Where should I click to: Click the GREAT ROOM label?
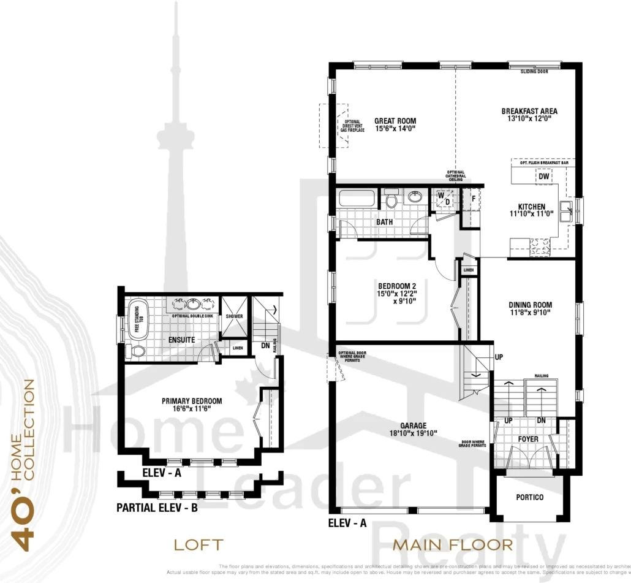395,121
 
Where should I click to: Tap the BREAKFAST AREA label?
529,112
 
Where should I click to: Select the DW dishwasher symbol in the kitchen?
543,177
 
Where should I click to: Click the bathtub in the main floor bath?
356,199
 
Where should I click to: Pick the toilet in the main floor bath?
391,200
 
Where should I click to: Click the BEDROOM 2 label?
397,286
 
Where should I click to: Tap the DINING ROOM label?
530,305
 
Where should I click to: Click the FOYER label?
527,439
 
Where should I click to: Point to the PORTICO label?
530,497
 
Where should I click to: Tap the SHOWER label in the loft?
234,316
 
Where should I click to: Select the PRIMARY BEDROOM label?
192,402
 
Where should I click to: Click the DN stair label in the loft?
266,346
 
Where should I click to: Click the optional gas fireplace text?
353,126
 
